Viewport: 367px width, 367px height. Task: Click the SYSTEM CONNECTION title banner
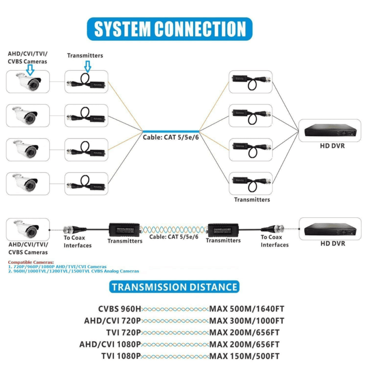(x=170, y=28)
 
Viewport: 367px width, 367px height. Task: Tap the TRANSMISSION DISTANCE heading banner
(x=175, y=287)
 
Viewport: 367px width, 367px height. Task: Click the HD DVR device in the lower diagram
(x=329, y=228)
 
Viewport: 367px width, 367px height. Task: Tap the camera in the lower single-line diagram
(x=28, y=228)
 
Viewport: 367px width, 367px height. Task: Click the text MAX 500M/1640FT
(x=247, y=309)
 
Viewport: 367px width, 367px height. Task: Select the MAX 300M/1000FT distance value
(x=247, y=321)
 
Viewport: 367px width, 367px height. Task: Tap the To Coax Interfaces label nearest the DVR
(x=275, y=241)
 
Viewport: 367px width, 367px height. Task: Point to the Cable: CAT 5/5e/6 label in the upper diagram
(x=170, y=137)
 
